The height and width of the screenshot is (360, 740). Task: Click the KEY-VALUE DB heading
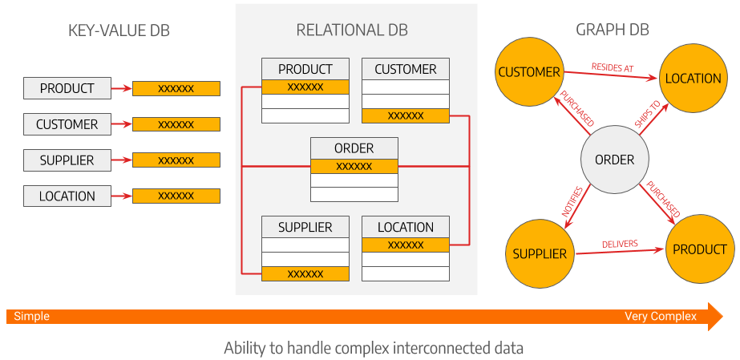point(119,31)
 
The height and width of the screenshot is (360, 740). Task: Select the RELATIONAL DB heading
point(352,30)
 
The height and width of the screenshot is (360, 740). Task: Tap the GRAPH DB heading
point(613,30)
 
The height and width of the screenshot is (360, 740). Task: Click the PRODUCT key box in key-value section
point(67,88)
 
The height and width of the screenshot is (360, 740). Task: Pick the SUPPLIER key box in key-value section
point(67,160)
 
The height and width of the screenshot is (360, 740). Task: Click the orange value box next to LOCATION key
point(176,196)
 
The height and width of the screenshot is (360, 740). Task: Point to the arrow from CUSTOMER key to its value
point(120,124)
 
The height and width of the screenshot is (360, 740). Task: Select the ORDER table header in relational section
point(354,148)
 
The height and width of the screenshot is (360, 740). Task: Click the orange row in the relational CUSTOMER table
point(405,115)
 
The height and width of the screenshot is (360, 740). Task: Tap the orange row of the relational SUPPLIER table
point(305,273)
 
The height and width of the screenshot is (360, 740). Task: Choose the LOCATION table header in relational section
point(405,228)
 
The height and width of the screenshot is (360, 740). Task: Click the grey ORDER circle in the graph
point(614,160)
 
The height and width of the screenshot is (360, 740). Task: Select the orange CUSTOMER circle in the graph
point(529,72)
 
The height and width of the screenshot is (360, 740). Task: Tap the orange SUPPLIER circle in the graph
point(540,253)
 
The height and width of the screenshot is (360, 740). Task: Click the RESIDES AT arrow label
point(613,68)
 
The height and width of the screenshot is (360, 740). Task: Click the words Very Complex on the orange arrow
point(661,317)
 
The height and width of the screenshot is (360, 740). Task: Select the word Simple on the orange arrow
point(31,317)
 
